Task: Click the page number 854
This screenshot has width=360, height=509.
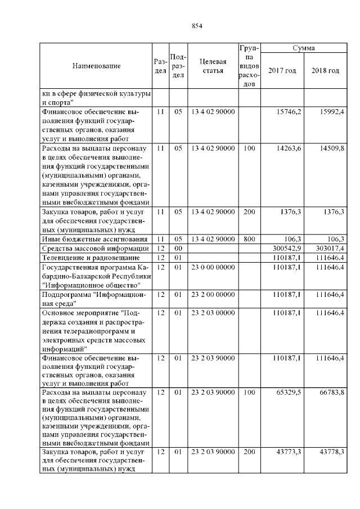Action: pyautogui.click(x=196, y=26)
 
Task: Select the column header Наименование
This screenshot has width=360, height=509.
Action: pyautogui.click(x=96, y=66)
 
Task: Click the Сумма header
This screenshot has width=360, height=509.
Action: pyautogui.click(x=304, y=49)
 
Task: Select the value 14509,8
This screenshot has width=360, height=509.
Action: pyautogui.click(x=332, y=148)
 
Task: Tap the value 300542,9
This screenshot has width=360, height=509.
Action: pyautogui.click(x=287, y=248)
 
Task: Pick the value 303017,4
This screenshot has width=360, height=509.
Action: pyautogui.click(x=330, y=248)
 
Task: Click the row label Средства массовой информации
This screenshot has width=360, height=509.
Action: pyautogui.click(x=95, y=248)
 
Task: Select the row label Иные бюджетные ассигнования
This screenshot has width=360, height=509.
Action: pyautogui.click(x=92, y=238)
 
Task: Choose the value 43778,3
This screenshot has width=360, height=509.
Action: pyautogui.click(x=332, y=452)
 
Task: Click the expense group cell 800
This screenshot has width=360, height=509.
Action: pyautogui.click(x=248, y=238)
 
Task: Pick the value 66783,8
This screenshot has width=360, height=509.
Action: pyautogui.click(x=332, y=391)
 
